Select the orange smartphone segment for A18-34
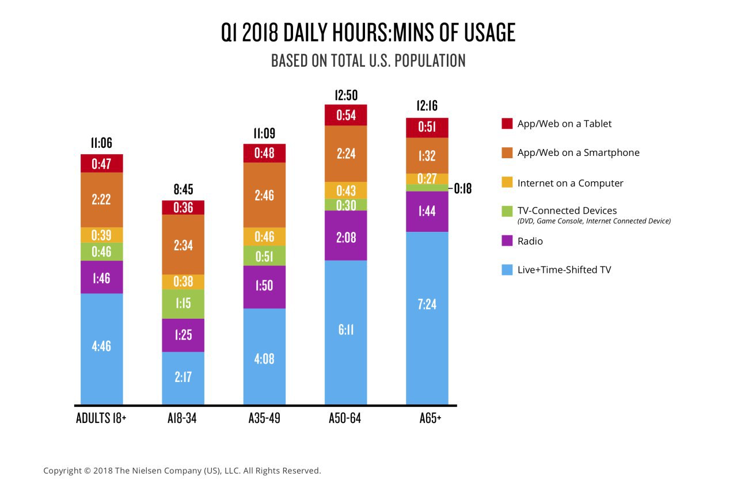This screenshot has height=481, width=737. click(183, 245)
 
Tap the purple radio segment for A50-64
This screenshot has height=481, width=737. click(345, 235)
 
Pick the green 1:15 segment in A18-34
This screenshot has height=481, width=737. click(183, 304)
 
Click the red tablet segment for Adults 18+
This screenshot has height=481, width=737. click(101, 163)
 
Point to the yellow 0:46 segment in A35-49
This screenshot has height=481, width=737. click(264, 236)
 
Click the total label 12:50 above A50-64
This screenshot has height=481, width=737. click(345, 96)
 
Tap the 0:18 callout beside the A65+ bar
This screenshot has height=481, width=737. click(463, 188)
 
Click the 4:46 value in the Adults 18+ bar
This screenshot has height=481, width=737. click(101, 346)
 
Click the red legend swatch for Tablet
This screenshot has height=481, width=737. click(507, 124)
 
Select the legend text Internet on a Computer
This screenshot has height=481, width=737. click(570, 183)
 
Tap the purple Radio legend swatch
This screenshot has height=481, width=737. click(507, 241)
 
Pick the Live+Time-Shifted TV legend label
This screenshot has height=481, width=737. click(564, 269)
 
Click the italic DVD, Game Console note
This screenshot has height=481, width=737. click(594, 221)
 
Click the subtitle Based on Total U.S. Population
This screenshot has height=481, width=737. click(368, 60)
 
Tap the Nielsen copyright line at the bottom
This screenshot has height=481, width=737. click(182, 471)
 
